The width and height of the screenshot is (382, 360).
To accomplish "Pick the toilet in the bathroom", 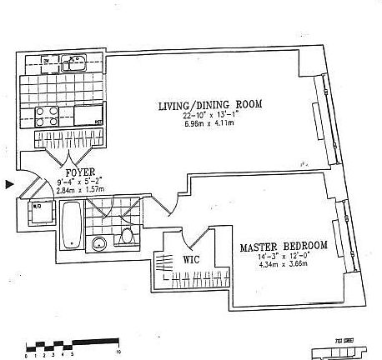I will tap(128, 237).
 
